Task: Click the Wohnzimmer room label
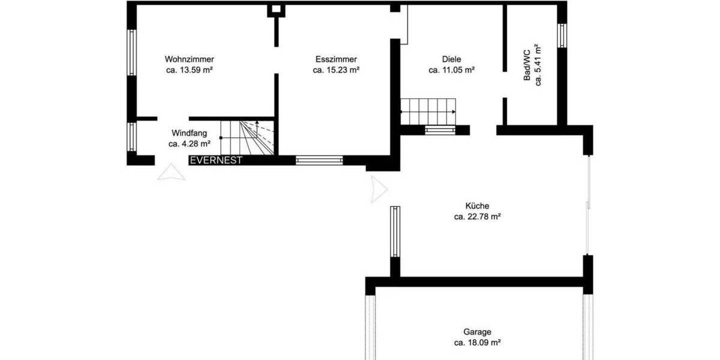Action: click(190, 59)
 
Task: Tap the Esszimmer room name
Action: click(336, 59)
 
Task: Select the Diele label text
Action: click(451, 59)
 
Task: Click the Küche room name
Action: click(477, 206)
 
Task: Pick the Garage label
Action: click(477, 332)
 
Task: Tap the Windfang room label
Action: click(189, 133)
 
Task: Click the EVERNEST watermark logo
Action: click(216, 160)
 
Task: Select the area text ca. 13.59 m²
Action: click(190, 70)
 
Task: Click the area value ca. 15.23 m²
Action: click(336, 70)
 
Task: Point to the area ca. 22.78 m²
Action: click(477, 217)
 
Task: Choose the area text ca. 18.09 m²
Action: click(477, 343)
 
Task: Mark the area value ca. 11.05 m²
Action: click(451, 70)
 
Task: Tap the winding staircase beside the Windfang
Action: click(247, 137)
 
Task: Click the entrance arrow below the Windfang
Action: click(167, 173)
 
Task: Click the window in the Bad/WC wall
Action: click(562, 35)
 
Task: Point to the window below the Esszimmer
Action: click(319, 160)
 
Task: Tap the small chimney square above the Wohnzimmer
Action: click(277, 10)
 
